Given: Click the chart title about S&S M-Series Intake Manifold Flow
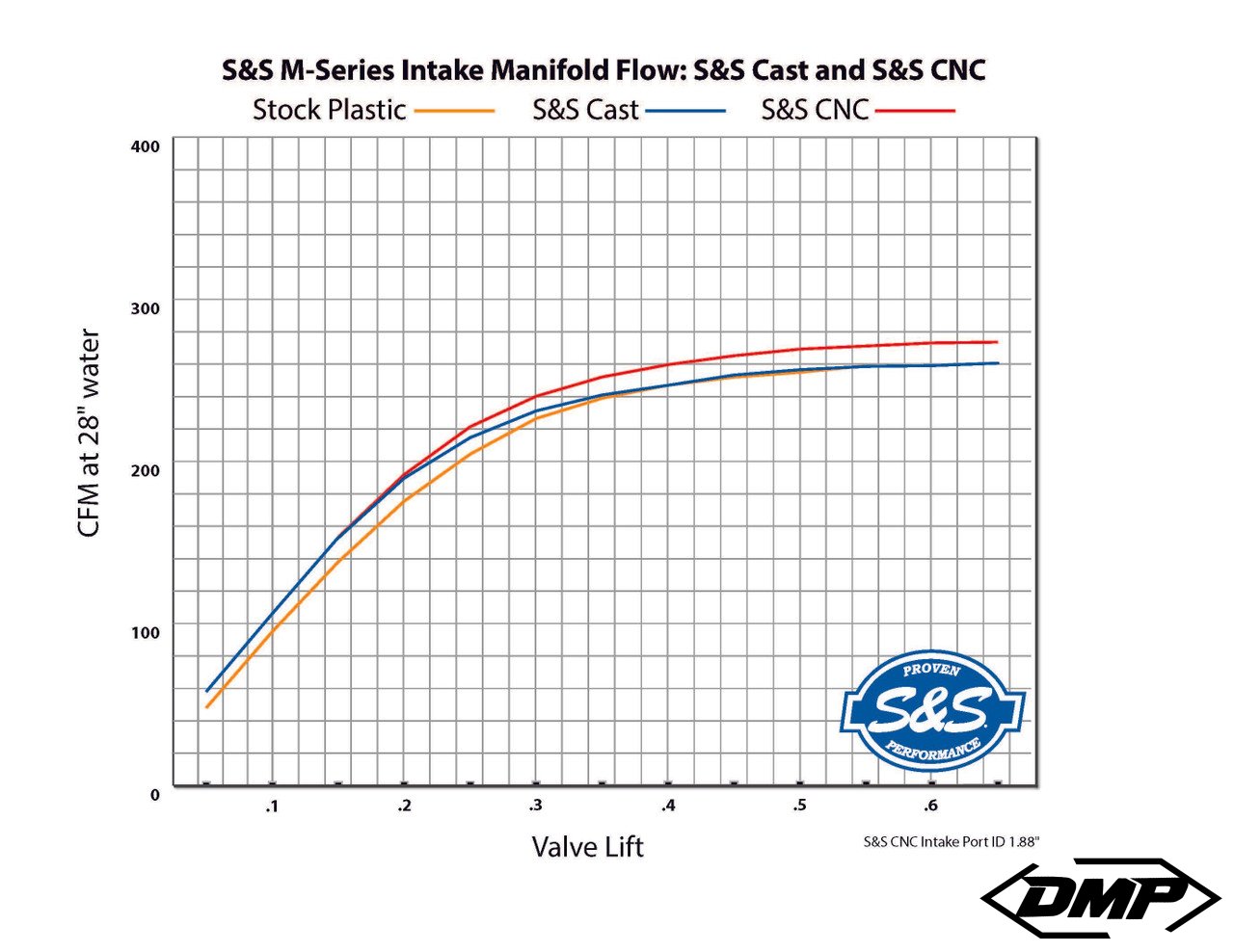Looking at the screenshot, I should click(x=604, y=70).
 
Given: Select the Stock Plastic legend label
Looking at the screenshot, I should click(x=329, y=110).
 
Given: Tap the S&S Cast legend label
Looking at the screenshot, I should click(x=585, y=110).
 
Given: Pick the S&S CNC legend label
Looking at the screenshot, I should click(x=815, y=110).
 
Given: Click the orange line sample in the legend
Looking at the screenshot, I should click(x=455, y=112).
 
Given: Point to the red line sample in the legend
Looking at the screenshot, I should click(x=914, y=111).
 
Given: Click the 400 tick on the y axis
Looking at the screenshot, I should click(x=145, y=146).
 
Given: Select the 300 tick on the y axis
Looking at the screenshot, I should click(x=145, y=308).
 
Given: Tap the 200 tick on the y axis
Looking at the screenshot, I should click(x=145, y=470).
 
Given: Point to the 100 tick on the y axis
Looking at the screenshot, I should click(x=145, y=633).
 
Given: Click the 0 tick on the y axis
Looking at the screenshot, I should click(x=155, y=795).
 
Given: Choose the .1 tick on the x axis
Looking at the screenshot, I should click(x=272, y=806).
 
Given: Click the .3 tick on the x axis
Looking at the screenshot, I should click(x=535, y=806).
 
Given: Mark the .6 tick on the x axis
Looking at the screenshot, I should click(x=930, y=806).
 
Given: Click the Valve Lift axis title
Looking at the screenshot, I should click(x=587, y=847).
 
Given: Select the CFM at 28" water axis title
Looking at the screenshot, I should click(x=89, y=434).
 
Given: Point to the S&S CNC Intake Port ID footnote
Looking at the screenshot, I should click(x=951, y=841).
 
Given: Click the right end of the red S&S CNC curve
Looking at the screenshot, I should click(x=997, y=342).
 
